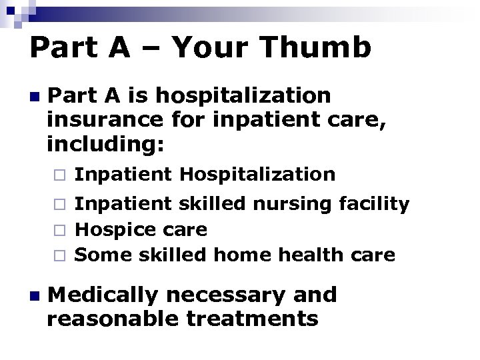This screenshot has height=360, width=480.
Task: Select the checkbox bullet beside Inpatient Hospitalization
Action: pyautogui.click(x=59, y=176)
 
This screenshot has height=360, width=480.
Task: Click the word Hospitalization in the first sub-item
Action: pyautogui.click(x=257, y=175)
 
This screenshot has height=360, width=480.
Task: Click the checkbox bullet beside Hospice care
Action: pyautogui.click(x=59, y=231)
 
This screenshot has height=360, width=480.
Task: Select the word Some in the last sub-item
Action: pyautogui.click(x=100, y=255)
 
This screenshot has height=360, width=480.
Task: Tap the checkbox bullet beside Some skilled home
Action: pyautogui.click(x=59, y=255)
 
